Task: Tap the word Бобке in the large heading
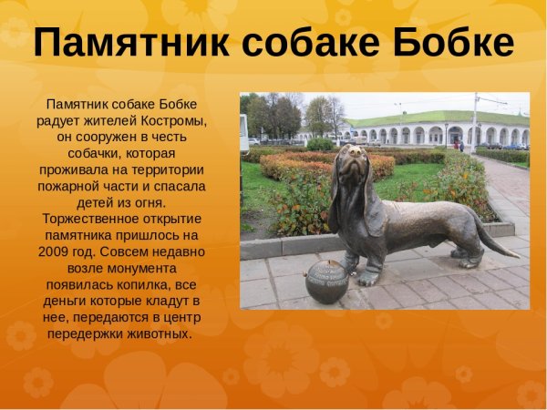click(x=449, y=43)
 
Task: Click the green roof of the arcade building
click(x=438, y=118)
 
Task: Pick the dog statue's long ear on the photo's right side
click(x=373, y=205)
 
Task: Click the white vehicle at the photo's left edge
click(x=253, y=141)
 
